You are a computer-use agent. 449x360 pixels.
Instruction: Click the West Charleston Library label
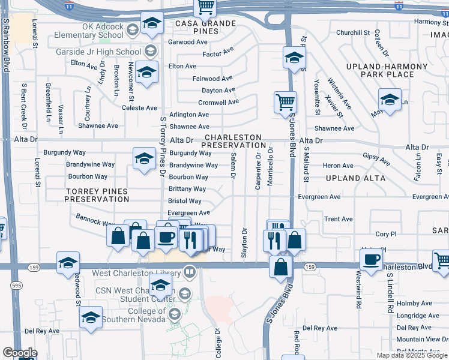click(x=137, y=274)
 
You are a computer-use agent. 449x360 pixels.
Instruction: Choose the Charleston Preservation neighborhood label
click(x=233, y=141)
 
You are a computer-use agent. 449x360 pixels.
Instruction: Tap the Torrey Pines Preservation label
click(x=97, y=195)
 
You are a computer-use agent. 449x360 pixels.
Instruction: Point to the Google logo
click(x=20, y=353)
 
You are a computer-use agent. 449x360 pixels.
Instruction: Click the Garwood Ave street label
click(x=187, y=42)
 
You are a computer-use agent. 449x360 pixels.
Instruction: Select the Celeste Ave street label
click(x=139, y=108)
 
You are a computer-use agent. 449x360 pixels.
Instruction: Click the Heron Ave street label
click(x=338, y=166)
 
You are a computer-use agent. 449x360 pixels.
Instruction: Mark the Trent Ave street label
click(x=339, y=219)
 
